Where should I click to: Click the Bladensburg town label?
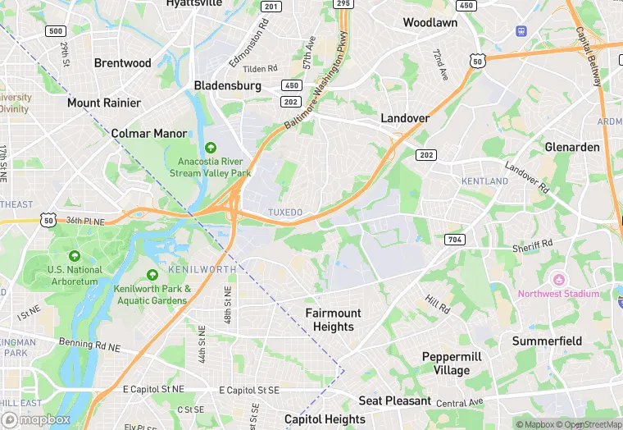pos(227,85)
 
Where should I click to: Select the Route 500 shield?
pos(56,31)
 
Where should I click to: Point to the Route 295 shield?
pos(343,4)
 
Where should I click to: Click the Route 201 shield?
pos(271,7)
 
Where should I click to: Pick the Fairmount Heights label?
pos(333,320)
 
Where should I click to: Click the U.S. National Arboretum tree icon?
pos(75,256)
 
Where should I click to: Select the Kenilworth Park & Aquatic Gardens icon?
pos(152,275)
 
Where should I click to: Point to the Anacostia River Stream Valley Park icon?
pos(211,148)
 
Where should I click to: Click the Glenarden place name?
pos(572,147)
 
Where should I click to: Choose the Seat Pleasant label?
pos(394,400)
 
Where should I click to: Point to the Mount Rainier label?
pos(104,103)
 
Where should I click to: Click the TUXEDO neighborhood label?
pos(285,213)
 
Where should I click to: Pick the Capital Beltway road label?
pos(589,57)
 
